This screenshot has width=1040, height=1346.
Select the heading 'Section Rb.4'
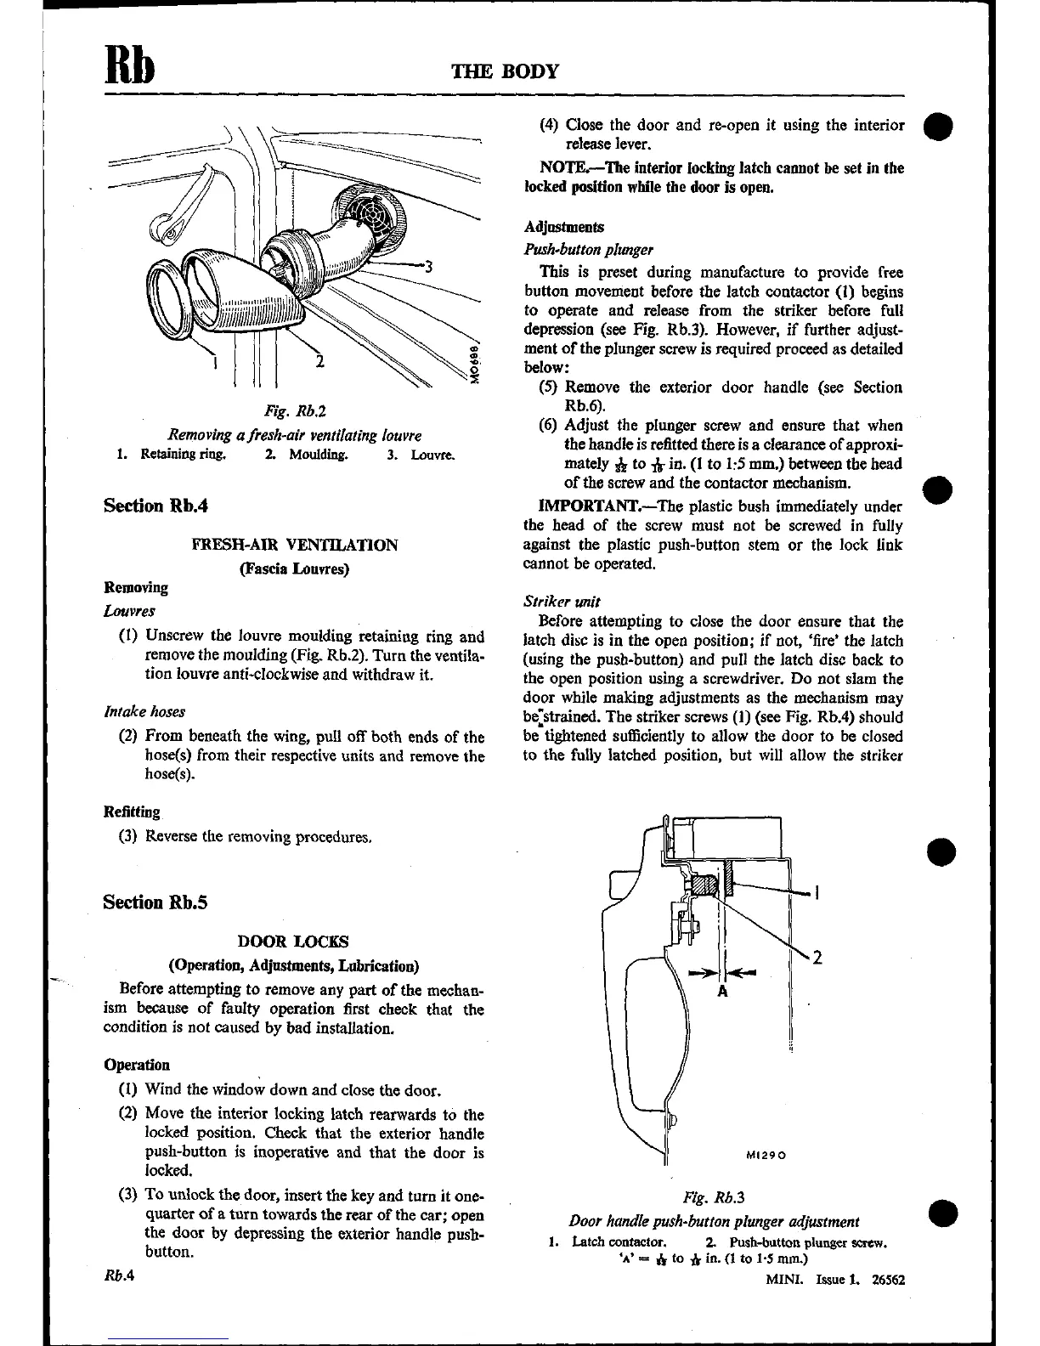pyautogui.click(x=155, y=506)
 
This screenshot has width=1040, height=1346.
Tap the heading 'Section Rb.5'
pyautogui.click(x=155, y=902)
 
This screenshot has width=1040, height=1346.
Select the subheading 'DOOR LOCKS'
pyautogui.click(x=293, y=942)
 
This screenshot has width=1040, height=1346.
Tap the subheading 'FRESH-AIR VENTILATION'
pyautogui.click(x=295, y=545)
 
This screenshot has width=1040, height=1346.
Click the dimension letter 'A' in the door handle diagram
pyautogui.click(x=722, y=991)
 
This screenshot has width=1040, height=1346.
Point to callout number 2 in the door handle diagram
pyautogui.click(x=817, y=958)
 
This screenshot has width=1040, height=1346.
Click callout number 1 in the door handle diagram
pyautogui.click(x=816, y=892)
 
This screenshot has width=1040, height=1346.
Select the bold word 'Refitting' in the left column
pyautogui.click(x=132, y=812)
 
